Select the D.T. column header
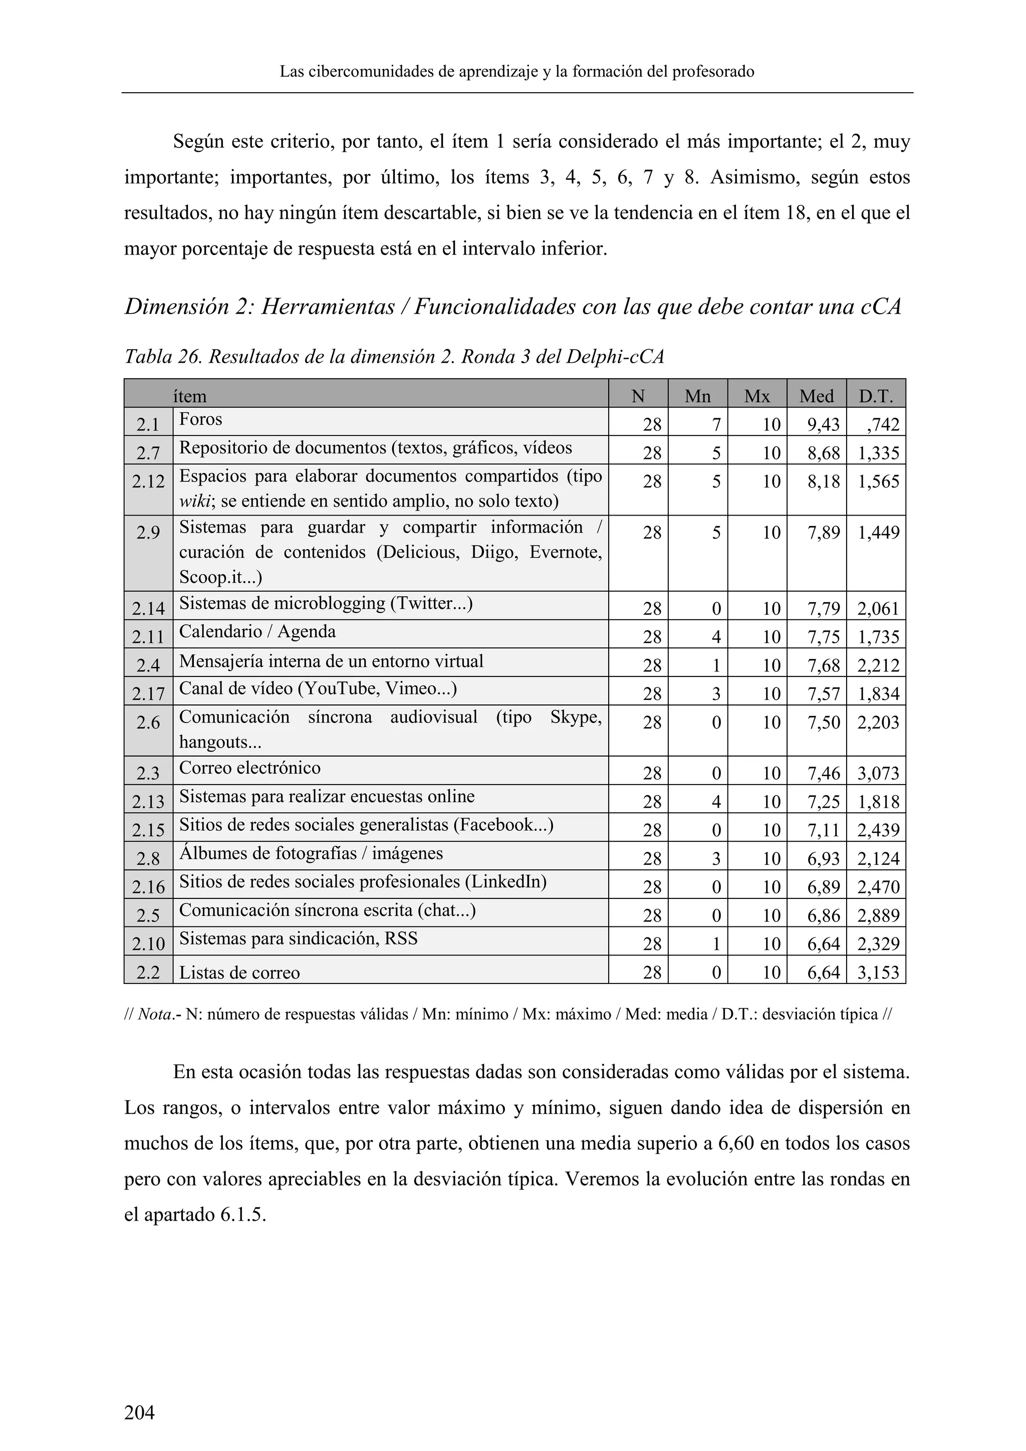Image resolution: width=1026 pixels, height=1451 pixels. coord(875,396)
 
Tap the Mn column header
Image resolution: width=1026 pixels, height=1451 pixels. coord(697,396)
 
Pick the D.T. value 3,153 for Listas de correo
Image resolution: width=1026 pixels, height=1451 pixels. coord(878,972)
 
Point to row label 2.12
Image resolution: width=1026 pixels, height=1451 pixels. coord(148,481)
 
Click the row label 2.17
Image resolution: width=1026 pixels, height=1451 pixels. coord(148,694)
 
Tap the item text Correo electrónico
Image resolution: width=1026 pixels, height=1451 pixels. coord(249,768)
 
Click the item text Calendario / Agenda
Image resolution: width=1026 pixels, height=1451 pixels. coord(257,631)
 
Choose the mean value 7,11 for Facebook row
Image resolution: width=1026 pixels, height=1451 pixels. coord(823,830)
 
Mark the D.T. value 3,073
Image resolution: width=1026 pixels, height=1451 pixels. coord(878,773)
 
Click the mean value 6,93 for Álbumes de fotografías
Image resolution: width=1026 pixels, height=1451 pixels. coord(823,858)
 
